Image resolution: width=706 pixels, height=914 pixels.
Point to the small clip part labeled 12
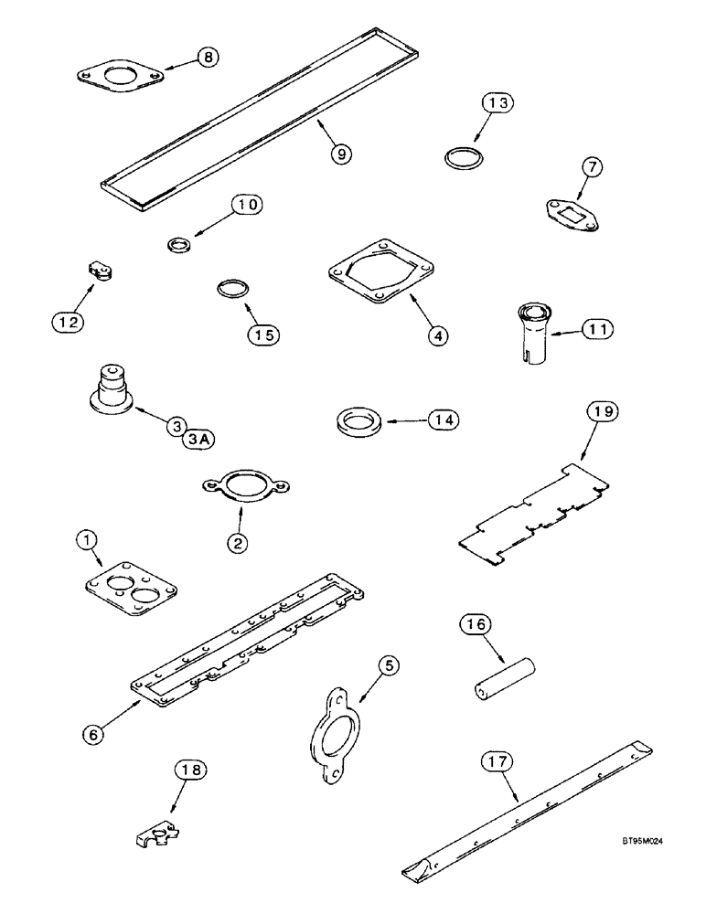click(99, 271)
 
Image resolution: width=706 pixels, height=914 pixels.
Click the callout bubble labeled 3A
click(200, 440)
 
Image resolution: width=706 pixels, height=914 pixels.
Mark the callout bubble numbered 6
click(94, 732)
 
